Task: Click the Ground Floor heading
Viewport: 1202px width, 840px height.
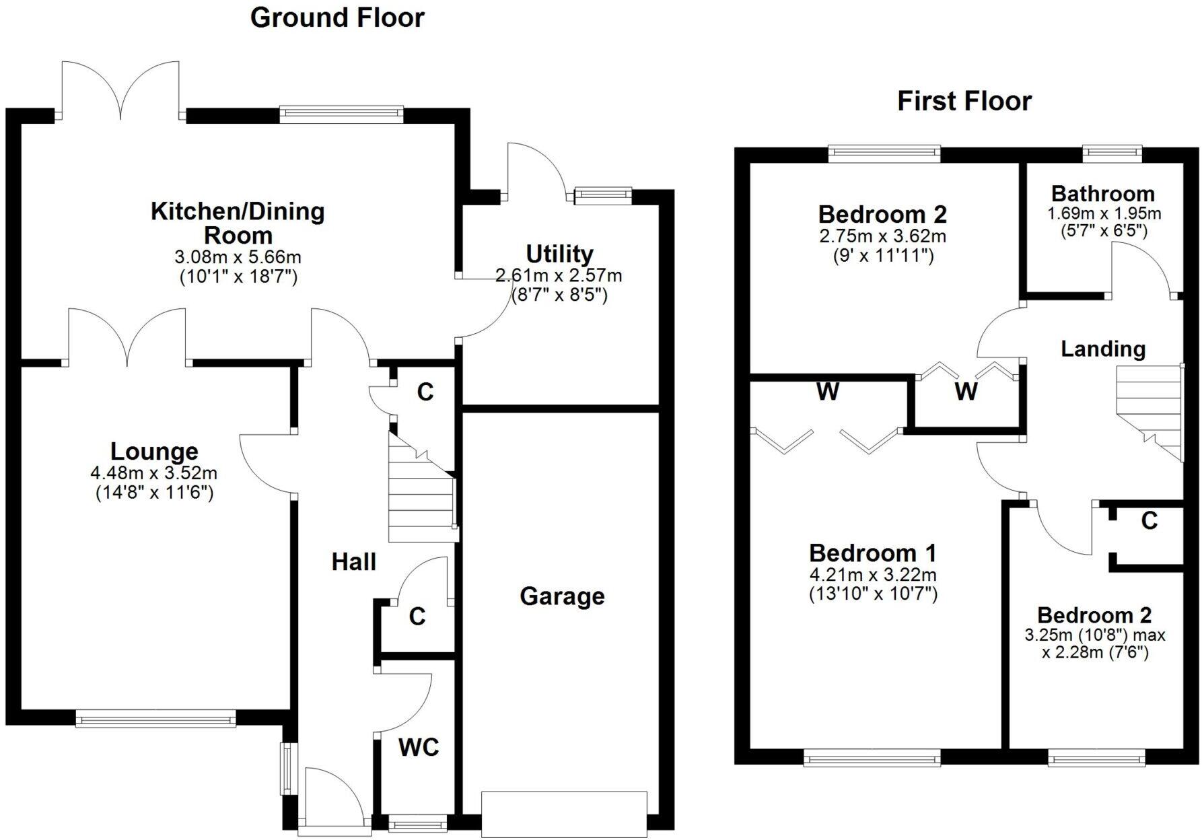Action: pyautogui.click(x=337, y=18)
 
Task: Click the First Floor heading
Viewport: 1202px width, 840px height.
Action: pyautogui.click(x=964, y=101)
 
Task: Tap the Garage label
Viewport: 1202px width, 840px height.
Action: pyautogui.click(x=562, y=596)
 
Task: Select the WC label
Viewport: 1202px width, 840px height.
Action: pyautogui.click(x=418, y=747)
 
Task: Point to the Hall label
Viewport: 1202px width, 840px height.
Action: pyautogui.click(x=353, y=562)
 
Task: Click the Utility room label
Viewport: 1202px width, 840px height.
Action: pyautogui.click(x=559, y=254)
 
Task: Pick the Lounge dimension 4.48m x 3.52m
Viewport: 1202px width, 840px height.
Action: pyautogui.click(x=153, y=473)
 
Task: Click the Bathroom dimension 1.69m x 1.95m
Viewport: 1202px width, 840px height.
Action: pyautogui.click(x=1104, y=214)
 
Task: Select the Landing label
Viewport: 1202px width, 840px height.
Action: pyautogui.click(x=1103, y=349)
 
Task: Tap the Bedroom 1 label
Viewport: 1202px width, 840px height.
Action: pyautogui.click(x=872, y=553)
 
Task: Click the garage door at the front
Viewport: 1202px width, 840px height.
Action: pyautogui.click(x=564, y=814)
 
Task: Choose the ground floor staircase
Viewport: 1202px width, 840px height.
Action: pyautogui.click(x=421, y=495)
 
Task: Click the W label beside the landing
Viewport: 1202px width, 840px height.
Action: pyautogui.click(x=966, y=391)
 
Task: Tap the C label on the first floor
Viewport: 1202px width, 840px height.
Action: pyautogui.click(x=1150, y=520)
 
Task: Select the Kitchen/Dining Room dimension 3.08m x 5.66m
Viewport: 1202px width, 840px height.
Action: pyautogui.click(x=238, y=257)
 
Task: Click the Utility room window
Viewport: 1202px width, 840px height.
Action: pyautogui.click(x=602, y=196)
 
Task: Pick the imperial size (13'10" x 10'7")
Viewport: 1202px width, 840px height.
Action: pyautogui.click(x=872, y=594)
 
